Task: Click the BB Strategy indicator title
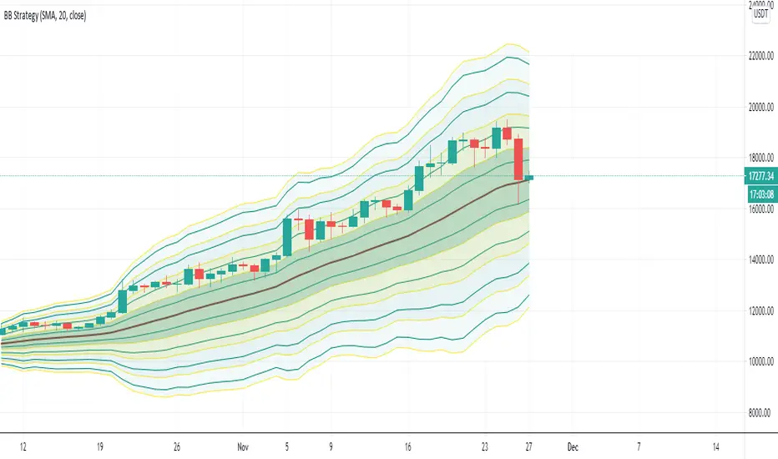pyautogui.click(x=47, y=15)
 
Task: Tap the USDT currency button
pyautogui.click(x=760, y=13)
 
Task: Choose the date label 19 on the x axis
pyautogui.click(x=101, y=446)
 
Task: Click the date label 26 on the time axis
pyautogui.click(x=177, y=446)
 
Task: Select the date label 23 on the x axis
pyautogui.click(x=484, y=446)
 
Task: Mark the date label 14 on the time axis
pyautogui.click(x=716, y=446)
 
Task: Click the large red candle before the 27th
pyautogui.click(x=518, y=159)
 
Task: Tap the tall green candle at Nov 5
pyautogui.click(x=287, y=237)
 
